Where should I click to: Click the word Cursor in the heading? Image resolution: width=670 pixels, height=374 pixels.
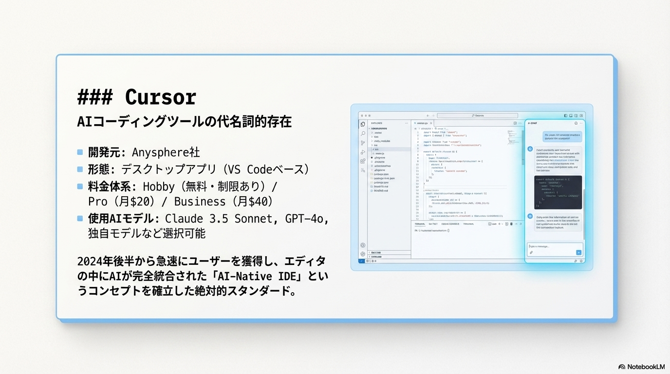click(161, 97)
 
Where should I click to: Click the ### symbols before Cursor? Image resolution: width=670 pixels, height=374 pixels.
click(95, 97)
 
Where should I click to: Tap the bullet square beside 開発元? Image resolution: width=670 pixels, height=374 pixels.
click(80, 152)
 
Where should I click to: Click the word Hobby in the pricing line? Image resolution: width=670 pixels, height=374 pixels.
click(159, 187)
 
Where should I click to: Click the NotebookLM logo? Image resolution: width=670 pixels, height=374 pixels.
click(641, 366)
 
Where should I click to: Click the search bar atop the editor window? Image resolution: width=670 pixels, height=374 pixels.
click(477, 115)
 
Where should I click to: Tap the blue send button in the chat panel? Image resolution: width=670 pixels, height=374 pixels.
click(578, 252)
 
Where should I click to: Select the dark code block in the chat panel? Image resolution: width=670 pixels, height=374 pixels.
click(558, 192)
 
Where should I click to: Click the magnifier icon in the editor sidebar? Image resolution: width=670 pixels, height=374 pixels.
click(363, 133)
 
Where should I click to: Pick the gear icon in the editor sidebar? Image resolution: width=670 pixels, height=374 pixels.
click(363, 254)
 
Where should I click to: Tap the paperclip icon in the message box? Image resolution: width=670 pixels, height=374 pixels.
click(531, 252)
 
